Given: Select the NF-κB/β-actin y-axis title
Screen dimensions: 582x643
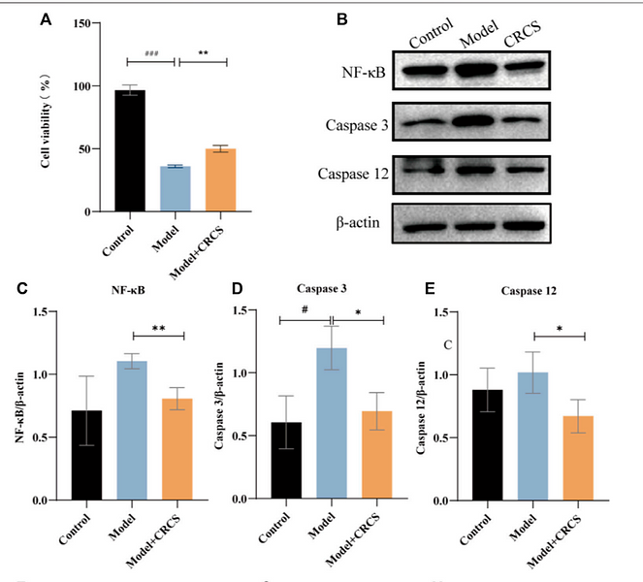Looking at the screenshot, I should coord(21,405).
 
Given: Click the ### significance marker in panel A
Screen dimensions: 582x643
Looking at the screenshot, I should coord(151,54).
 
